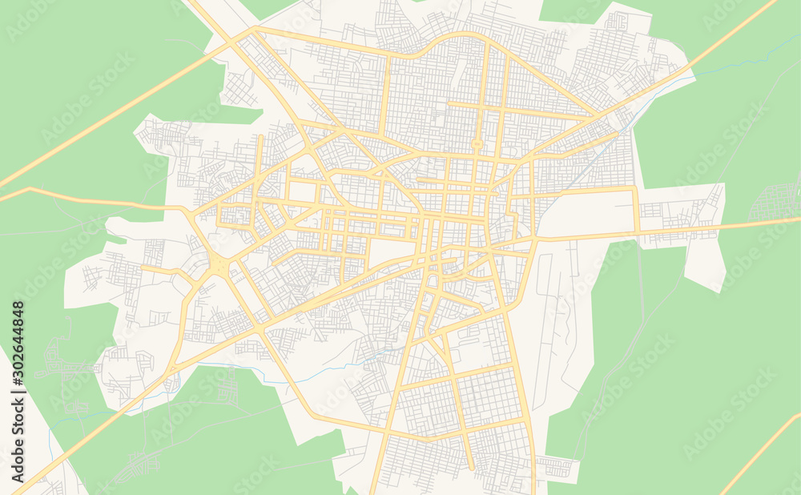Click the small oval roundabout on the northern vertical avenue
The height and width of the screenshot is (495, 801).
[477, 145]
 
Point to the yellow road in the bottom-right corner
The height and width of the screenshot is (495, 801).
[761, 453]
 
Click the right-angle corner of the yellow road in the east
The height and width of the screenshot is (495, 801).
[636, 190]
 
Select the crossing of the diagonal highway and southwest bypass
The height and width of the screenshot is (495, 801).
[260, 328]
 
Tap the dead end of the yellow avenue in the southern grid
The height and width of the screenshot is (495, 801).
[471, 468]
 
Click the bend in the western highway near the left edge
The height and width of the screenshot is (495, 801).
[30, 189]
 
